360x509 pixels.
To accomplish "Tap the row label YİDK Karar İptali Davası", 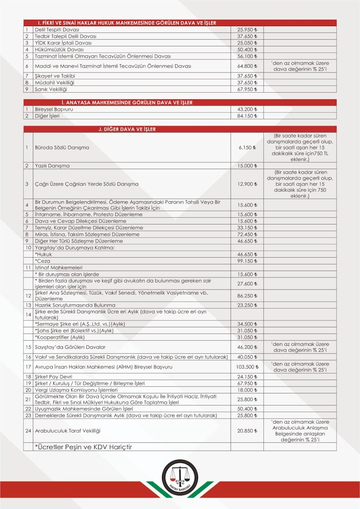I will click(63, 43).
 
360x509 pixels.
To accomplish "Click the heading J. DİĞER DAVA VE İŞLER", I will click(127, 129).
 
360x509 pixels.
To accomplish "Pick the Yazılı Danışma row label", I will click(52, 165).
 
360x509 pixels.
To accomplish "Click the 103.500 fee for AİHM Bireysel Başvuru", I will click(246, 367).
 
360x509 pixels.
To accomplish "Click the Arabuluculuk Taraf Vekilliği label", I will click(67, 431).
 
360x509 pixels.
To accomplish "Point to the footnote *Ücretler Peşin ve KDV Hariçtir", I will click(83, 447).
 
